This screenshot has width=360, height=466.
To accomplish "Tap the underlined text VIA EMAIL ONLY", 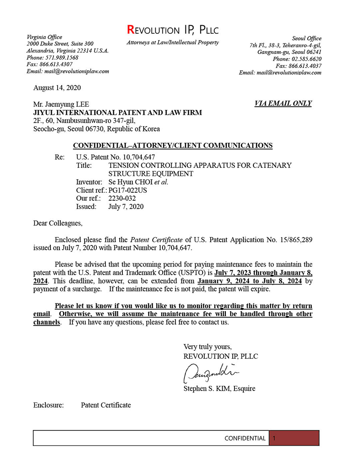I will click(x=283, y=104).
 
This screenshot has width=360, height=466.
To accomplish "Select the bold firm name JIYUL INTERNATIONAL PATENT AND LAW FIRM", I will click(x=117, y=113).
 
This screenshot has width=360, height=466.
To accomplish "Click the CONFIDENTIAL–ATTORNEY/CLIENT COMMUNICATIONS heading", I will click(x=172, y=145).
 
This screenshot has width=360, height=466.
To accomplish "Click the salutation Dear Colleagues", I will click(x=58, y=223).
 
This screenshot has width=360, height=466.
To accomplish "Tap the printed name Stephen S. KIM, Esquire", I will click(x=219, y=389).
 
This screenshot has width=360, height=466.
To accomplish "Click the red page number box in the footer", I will click(x=294, y=438).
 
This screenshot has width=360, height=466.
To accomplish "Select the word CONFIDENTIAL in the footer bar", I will click(x=245, y=438).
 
